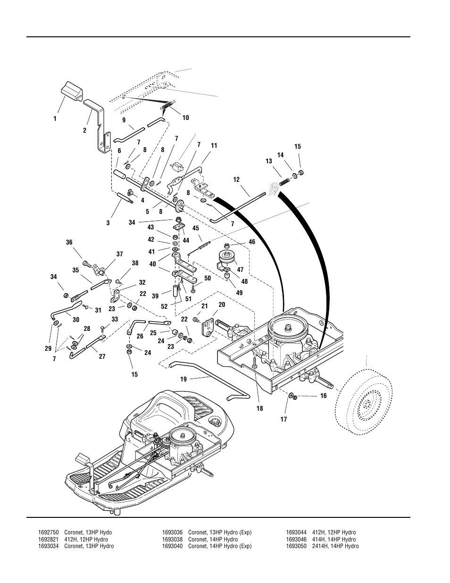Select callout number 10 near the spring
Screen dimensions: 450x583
click(x=185, y=118)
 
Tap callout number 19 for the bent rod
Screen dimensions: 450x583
click(x=183, y=379)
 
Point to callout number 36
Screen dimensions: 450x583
click(x=69, y=242)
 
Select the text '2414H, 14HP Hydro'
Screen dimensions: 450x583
click(x=332, y=546)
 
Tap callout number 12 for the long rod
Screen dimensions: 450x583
click(x=236, y=179)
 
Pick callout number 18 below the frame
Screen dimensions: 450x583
click(x=260, y=409)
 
